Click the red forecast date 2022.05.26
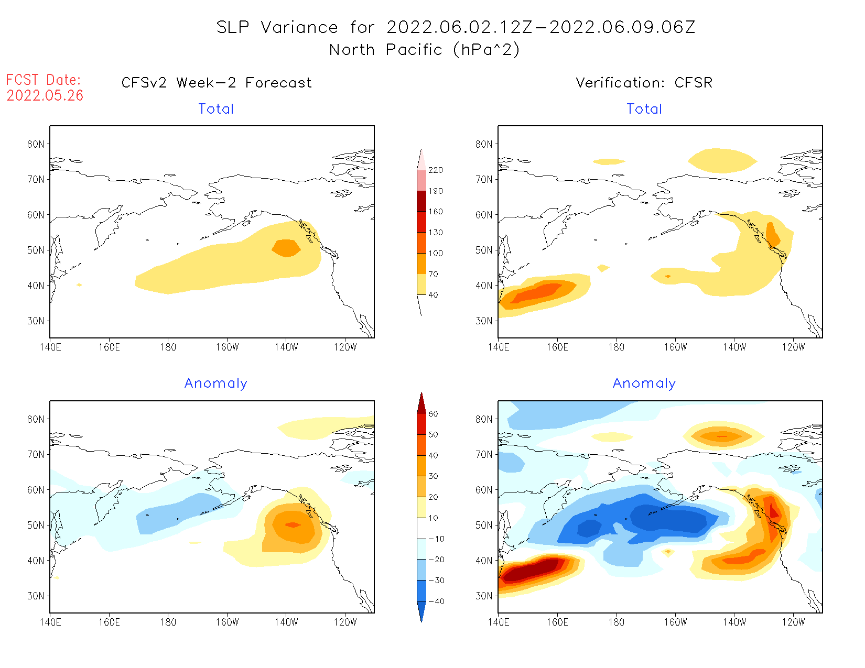(45, 95)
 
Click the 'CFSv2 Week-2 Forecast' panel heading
(216, 83)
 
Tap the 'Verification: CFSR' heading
(644, 83)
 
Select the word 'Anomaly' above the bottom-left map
(215, 384)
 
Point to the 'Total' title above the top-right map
(644, 109)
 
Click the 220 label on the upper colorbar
(435, 170)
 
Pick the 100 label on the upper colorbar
(435, 253)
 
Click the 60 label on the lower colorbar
(433, 414)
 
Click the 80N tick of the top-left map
(36, 144)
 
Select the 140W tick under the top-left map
(286, 347)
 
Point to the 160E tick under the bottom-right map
(557, 622)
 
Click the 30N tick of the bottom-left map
(36, 596)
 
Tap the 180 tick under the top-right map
(616, 347)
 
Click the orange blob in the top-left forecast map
(286, 248)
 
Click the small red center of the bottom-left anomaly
(293, 524)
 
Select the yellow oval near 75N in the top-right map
(722, 160)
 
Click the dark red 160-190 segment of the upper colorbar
(421, 201)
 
